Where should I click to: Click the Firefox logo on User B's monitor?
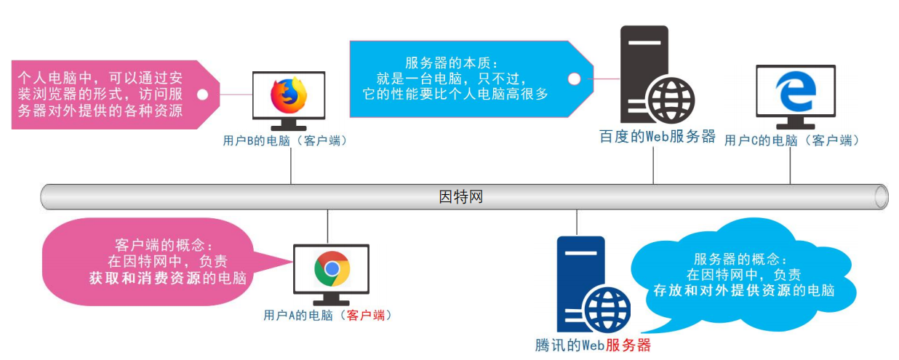(x=289, y=95)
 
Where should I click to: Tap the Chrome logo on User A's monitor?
(x=332, y=269)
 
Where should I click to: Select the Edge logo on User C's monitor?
(x=796, y=91)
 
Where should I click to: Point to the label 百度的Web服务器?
(x=658, y=137)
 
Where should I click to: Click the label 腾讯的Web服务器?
(x=592, y=345)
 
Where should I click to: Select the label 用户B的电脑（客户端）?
(x=285, y=140)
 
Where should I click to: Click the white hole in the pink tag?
(x=203, y=94)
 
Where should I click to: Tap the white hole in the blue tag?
(x=574, y=79)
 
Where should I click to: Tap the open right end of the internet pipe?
(x=881, y=197)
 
